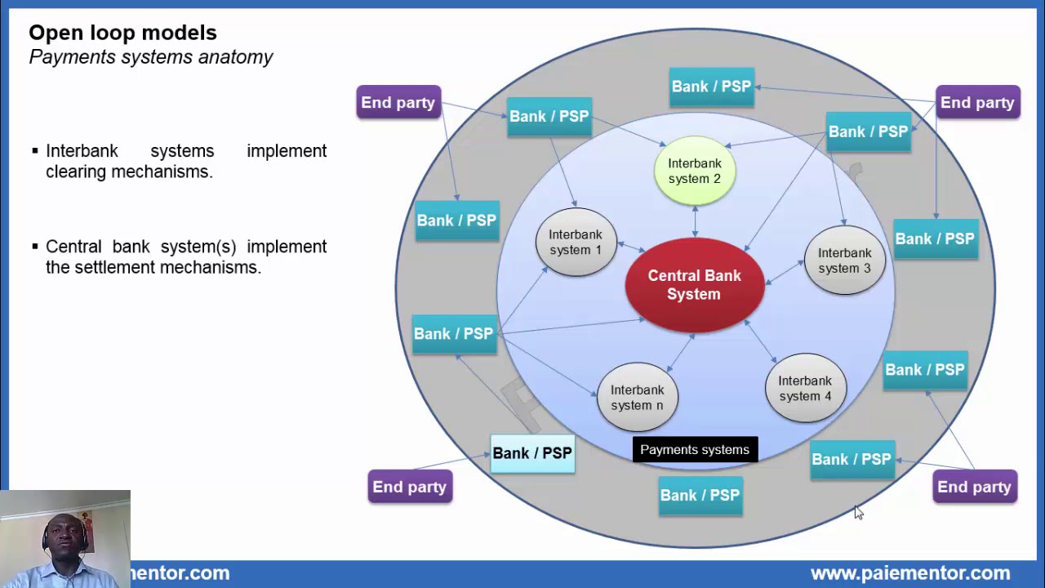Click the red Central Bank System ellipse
point(694,285)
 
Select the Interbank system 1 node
point(576,243)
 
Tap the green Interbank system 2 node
point(695,171)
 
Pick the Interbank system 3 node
point(844,261)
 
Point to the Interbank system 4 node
point(804,388)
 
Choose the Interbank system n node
point(637,398)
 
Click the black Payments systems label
point(695,450)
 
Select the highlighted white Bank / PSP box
point(532,453)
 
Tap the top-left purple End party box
point(398,103)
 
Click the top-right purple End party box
point(977,103)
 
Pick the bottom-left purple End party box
point(410,487)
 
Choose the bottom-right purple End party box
point(974,487)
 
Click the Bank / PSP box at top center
point(711,87)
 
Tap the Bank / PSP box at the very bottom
point(700,495)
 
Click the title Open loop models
point(122,33)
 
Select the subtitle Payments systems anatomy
point(151,57)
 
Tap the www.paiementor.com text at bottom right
point(909,573)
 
